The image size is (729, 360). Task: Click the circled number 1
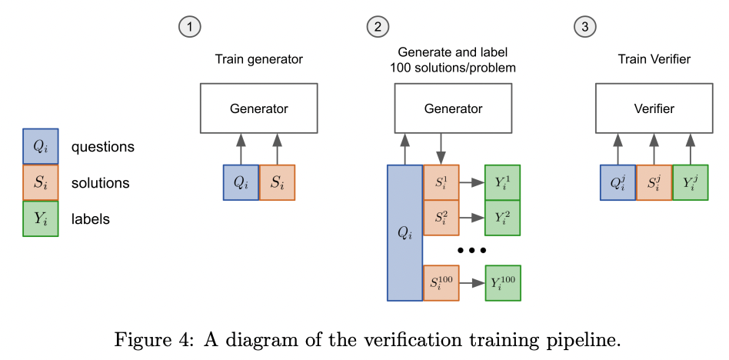(189, 27)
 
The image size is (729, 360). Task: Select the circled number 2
(377, 27)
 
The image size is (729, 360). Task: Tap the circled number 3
(585, 27)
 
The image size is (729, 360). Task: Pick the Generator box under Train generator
(258, 108)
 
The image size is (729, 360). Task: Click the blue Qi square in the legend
(40, 146)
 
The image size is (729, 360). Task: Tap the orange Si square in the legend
(40, 182)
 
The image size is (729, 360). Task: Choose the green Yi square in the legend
(40, 218)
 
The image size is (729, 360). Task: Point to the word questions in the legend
(102, 147)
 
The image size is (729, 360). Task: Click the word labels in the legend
(90, 219)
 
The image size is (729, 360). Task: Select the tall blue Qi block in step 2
(404, 232)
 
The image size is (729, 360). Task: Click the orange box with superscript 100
(441, 282)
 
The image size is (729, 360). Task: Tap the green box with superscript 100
(502, 282)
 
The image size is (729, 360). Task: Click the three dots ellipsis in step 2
(471, 251)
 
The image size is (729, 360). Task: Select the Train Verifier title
(654, 59)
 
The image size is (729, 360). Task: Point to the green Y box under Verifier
(690, 182)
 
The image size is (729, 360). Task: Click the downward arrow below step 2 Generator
(440, 148)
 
